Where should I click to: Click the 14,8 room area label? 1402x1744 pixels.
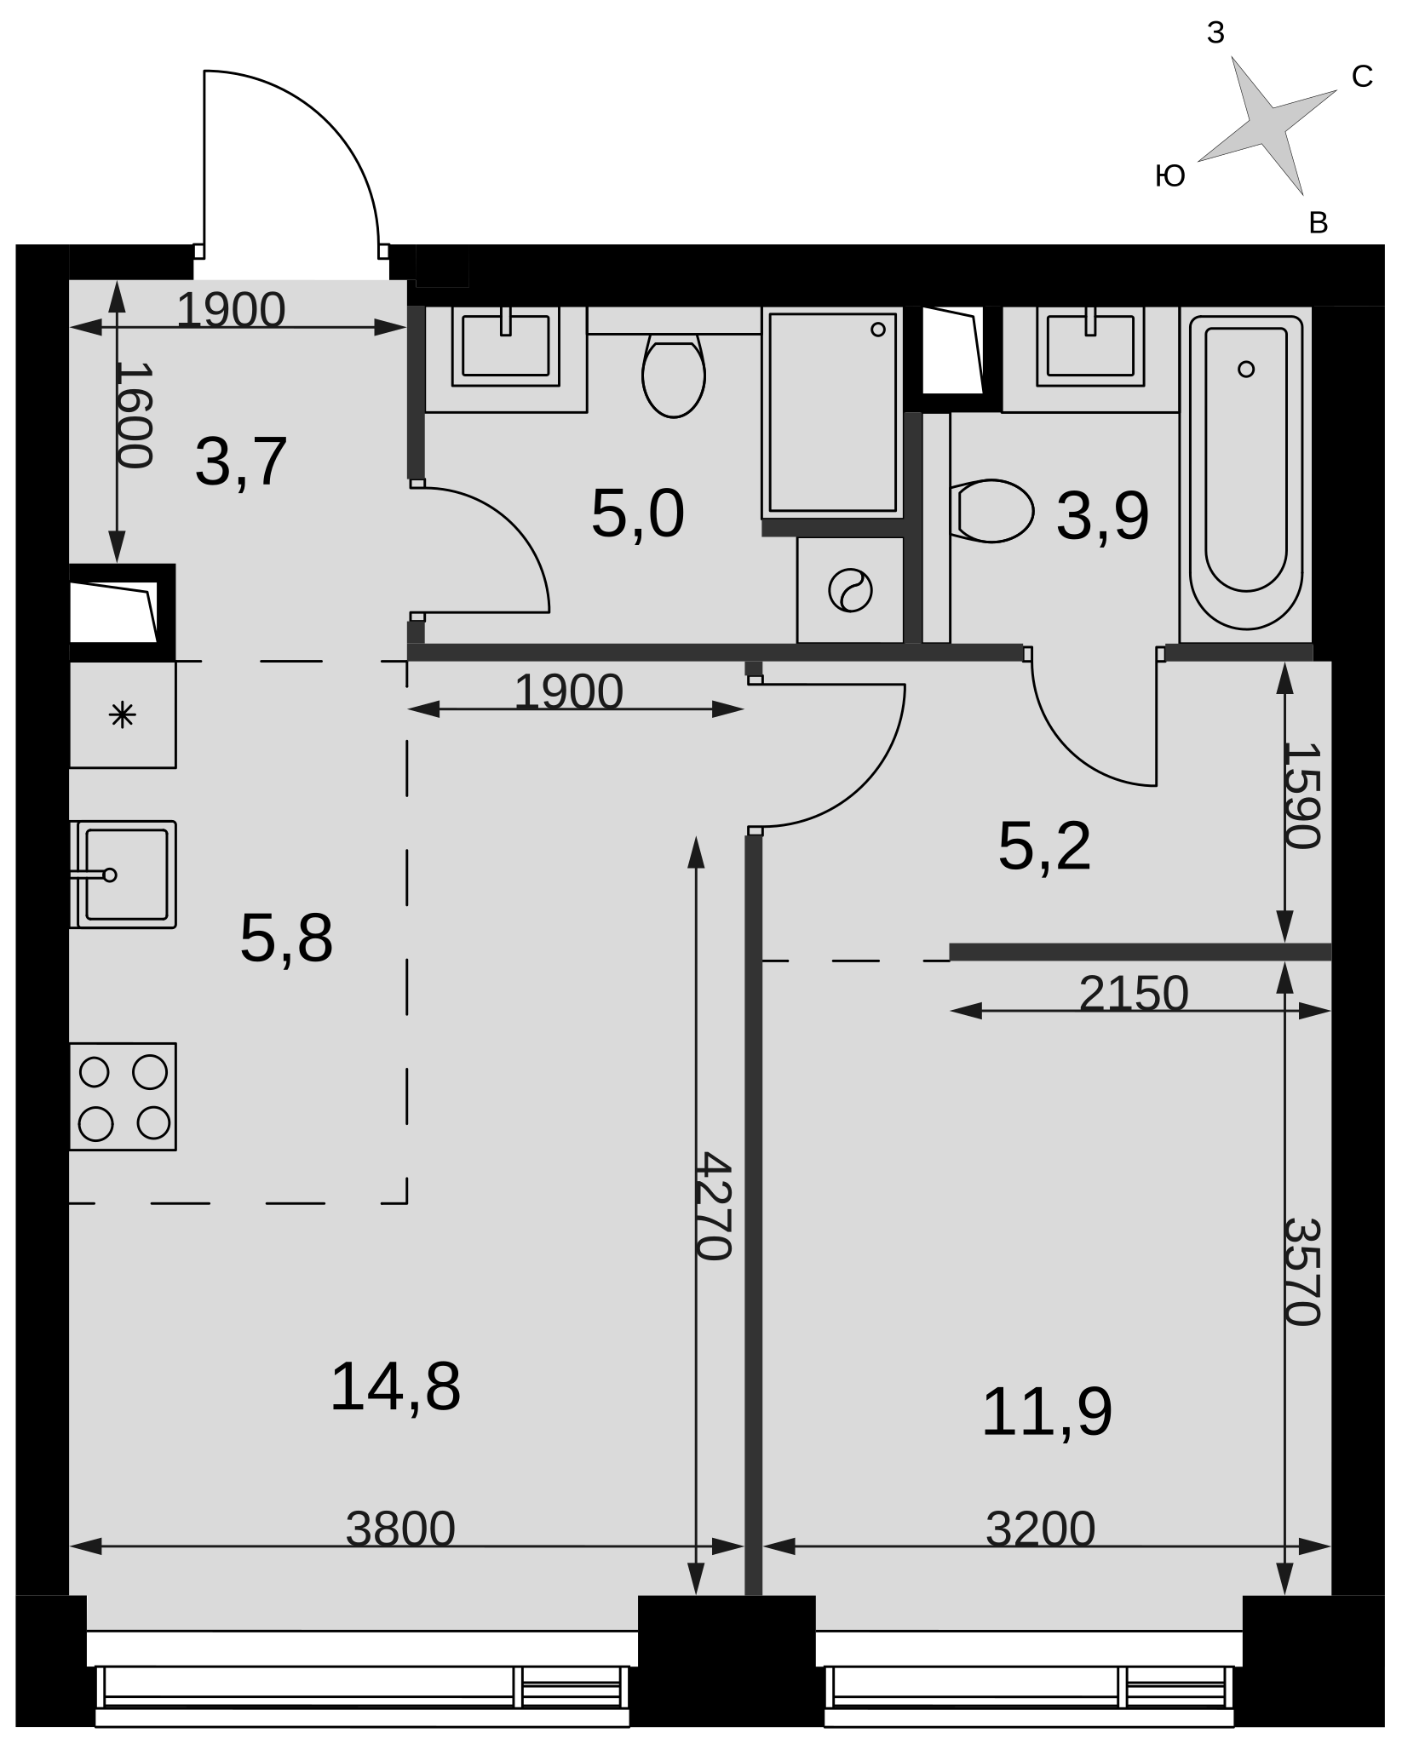395,1387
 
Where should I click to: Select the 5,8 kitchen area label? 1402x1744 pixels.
286,938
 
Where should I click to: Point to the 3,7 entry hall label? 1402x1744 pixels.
241,462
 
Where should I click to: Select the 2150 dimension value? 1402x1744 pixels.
1134,993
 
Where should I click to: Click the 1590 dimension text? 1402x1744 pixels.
1301,796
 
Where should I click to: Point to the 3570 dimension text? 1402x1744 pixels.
1301,1272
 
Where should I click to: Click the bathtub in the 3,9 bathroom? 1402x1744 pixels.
1246,473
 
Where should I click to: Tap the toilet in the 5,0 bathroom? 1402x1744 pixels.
674,376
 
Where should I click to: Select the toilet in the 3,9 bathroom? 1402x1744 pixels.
991,511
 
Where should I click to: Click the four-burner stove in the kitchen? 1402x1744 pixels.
123,1097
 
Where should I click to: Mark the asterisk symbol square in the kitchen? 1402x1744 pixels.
123,714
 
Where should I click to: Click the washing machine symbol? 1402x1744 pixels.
850,590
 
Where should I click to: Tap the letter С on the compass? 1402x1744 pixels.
1362,77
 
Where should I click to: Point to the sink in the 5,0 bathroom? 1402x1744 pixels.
506,346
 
